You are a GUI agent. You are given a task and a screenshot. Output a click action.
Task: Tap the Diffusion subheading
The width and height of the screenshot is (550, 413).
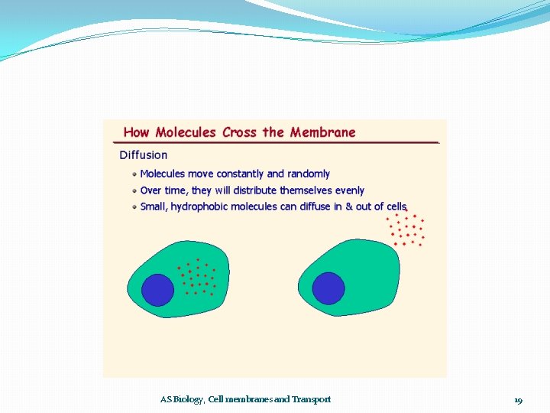pyautogui.click(x=143, y=154)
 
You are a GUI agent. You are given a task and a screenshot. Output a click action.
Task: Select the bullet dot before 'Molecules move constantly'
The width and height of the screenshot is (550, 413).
pyautogui.click(x=134, y=174)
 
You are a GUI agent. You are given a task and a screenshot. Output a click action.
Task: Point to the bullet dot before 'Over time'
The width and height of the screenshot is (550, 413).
pyautogui.click(x=134, y=190)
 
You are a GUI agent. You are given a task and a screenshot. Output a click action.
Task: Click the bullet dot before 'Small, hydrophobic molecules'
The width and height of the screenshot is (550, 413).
pyautogui.click(x=134, y=206)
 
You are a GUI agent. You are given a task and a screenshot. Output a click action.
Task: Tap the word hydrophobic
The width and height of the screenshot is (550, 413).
pyautogui.click(x=199, y=206)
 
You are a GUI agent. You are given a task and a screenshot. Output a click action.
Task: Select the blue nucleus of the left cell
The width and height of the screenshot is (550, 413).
pyautogui.click(x=159, y=289)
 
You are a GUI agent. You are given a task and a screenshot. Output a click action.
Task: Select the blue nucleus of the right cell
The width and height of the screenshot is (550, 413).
pyautogui.click(x=328, y=288)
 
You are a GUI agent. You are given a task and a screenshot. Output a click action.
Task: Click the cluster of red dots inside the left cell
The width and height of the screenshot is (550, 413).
pyautogui.click(x=198, y=277)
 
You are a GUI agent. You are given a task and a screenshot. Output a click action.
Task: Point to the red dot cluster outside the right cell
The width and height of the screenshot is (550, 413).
pyautogui.click(x=405, y=229)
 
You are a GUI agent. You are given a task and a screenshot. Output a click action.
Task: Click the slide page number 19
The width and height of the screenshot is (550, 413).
pyautogui.click(x=518, y=400)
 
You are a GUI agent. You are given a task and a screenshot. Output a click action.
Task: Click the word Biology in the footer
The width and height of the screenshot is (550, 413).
pyautogui.click(x=189, y=399)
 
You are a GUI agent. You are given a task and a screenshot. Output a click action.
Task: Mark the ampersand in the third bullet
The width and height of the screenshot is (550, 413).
pyautogui.click(x=349, y=206)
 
